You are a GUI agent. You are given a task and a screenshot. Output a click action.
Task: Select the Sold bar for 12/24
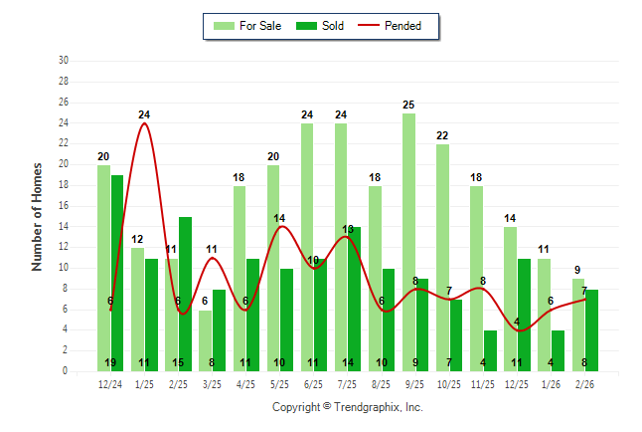coord(117,274)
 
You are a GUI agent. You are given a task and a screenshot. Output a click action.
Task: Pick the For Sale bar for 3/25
coord(206,340)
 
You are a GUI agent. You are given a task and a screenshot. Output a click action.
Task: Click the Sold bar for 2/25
coord(185,294)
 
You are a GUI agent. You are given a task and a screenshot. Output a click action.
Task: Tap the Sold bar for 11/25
coord(490,350)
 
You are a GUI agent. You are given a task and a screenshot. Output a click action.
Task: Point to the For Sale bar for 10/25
coord(442,258)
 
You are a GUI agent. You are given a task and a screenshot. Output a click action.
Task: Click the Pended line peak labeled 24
coord(144,122)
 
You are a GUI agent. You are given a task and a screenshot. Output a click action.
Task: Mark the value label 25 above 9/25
coord(408,105)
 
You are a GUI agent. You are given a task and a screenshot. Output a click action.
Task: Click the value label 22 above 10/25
coord(442,135)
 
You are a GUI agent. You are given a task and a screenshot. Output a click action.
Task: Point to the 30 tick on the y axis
coord(64,61)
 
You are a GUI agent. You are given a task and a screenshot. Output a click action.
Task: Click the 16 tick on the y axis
coord(64,206)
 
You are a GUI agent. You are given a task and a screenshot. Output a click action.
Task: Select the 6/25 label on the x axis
coord(313,383)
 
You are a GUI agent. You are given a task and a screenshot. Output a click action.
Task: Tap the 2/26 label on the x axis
coord(584,383)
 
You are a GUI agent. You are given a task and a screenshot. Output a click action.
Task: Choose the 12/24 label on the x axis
coord(110,383)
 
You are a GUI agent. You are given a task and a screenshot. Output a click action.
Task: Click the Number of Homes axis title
coord(37,216)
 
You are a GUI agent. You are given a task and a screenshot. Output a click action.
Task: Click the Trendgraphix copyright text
coord(348,407)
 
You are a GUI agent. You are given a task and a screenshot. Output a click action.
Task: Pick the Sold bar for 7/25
coord(355,299)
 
